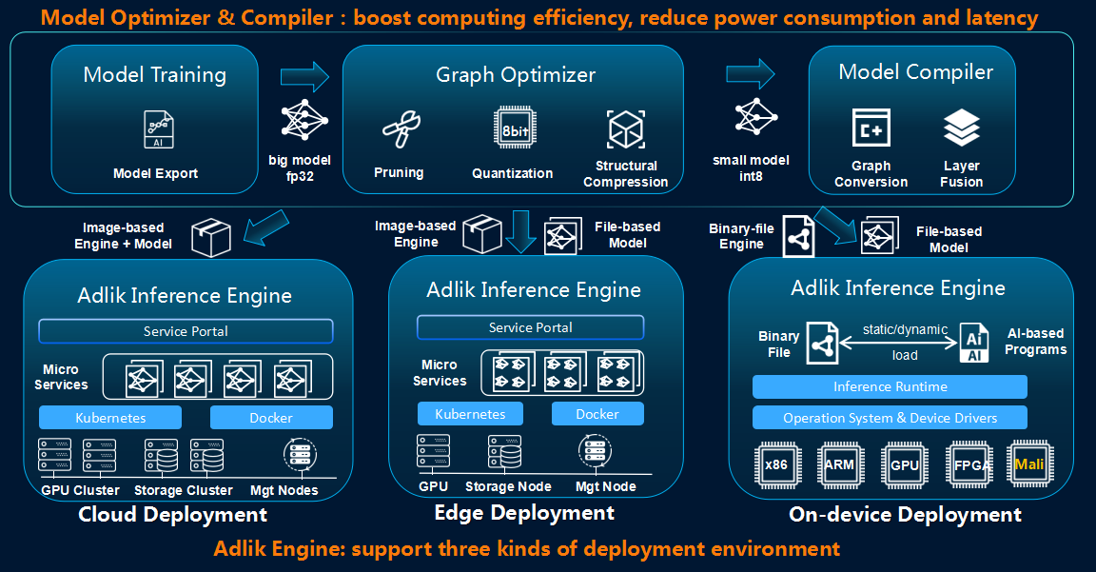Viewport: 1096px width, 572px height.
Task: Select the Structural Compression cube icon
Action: pos(626,128)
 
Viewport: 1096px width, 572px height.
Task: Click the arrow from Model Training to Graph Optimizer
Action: pos(304,75)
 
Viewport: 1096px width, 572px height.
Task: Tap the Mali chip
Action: pos(1029,465)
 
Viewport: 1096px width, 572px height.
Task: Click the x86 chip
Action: pos(776,465)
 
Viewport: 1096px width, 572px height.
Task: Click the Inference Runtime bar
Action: pos(890,386)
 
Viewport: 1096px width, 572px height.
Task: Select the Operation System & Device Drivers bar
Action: pos(890,418)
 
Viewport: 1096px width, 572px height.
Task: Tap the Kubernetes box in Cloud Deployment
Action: pos(110,418)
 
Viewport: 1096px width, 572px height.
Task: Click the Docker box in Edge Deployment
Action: pos(597,414)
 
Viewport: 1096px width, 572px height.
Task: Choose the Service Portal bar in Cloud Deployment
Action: pos(186,331)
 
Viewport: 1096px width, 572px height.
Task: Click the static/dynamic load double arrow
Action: pos(900,344)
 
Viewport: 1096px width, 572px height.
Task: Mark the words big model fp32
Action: pos(300,168)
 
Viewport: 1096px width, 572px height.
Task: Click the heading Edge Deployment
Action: pos(524,513)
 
